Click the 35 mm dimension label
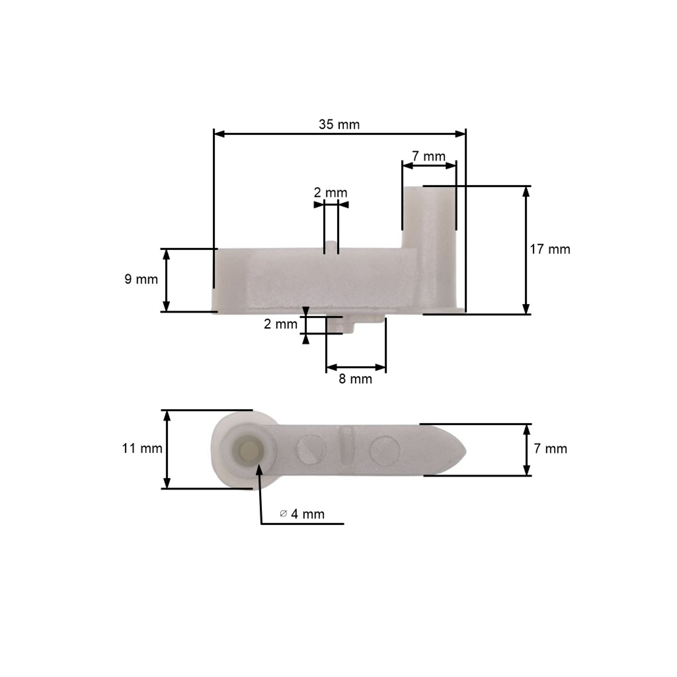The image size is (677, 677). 339,125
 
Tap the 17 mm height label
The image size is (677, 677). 550,250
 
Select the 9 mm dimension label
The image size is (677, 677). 141,279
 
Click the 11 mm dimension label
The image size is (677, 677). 142,449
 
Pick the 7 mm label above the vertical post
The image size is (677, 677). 429,156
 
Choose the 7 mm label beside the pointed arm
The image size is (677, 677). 550,449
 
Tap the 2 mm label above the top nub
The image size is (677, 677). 330,193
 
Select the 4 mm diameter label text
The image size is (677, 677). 308,514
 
